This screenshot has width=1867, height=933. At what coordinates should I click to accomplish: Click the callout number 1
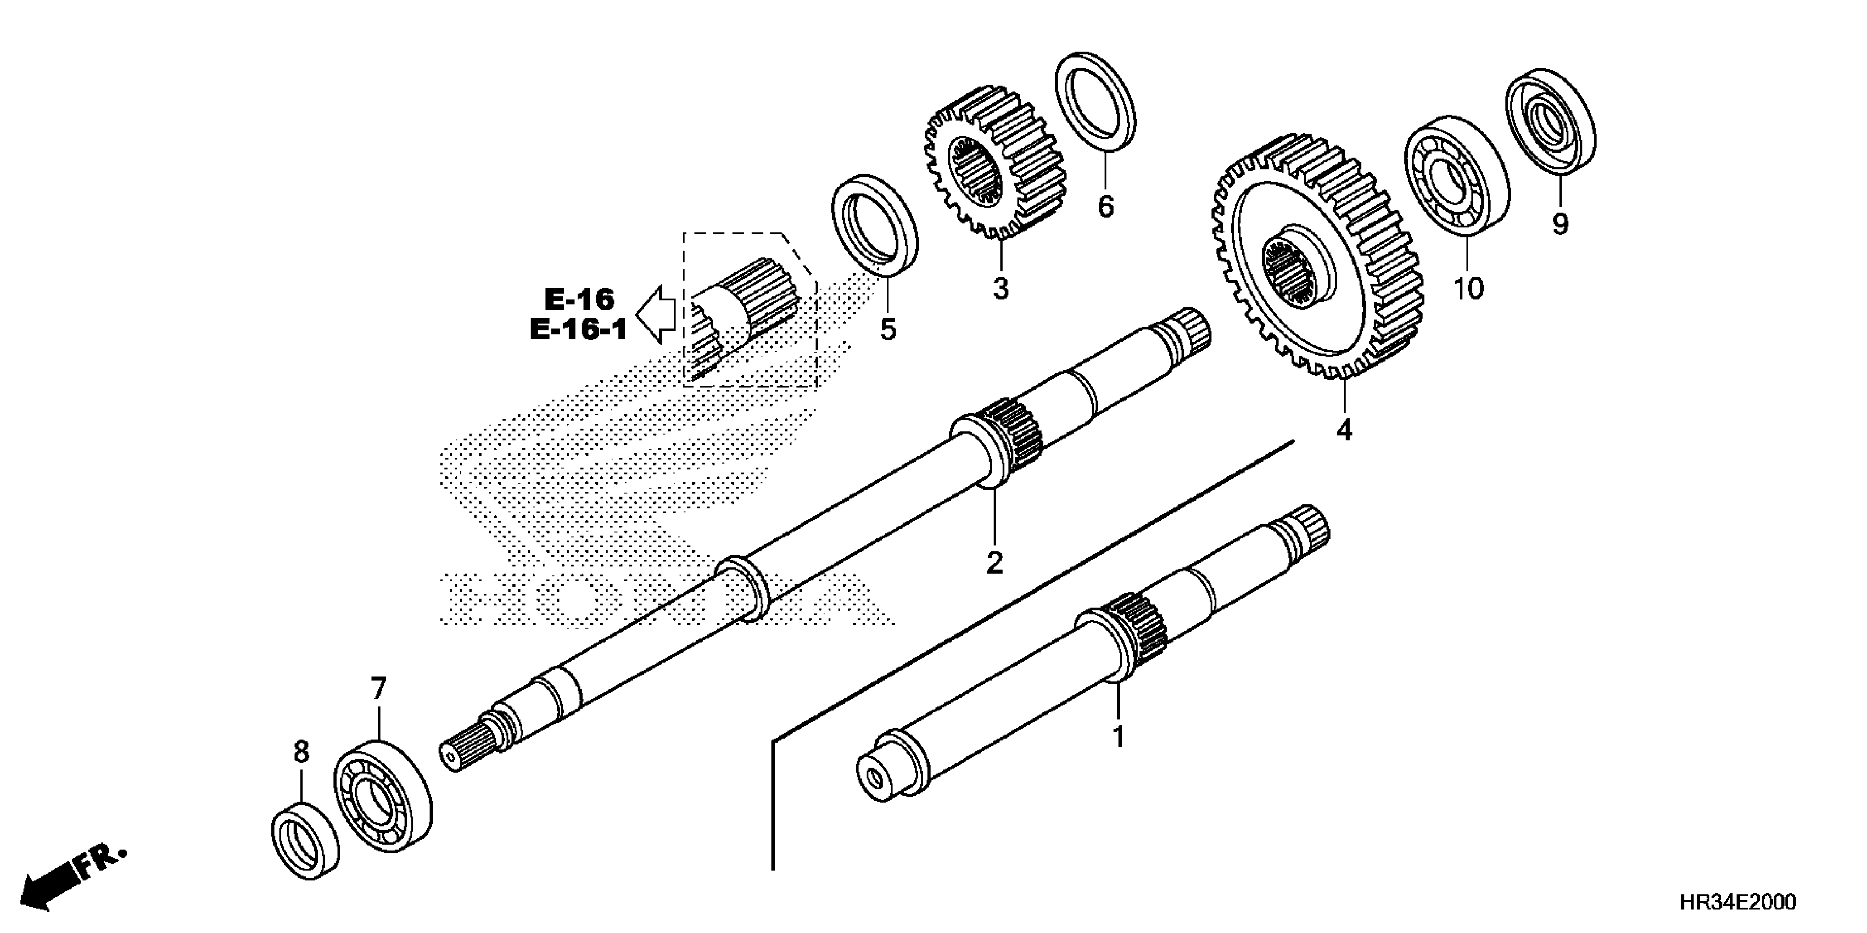[x=1119, y=737]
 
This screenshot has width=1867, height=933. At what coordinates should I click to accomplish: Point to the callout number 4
[x=1344, y=430]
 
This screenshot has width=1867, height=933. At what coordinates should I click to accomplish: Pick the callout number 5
[x=888, y=330]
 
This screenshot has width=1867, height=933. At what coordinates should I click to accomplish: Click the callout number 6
[x=1105, y=207]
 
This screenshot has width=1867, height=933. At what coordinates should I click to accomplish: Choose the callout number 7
[x=378, y=689]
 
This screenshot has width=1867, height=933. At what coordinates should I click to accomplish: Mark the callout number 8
[x=301, y=752]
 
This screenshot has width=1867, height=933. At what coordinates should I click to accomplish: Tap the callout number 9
[x=1559, y=224]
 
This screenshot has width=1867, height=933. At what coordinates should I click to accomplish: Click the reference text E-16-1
[x=578, y=330]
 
